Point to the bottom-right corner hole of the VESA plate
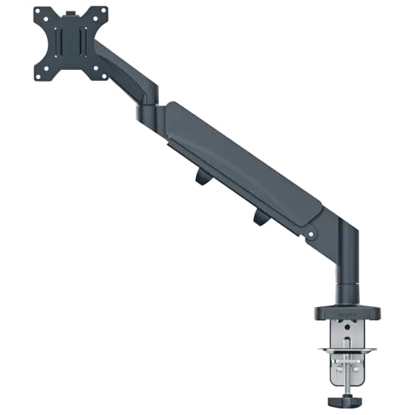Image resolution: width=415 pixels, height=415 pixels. [104, 77]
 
